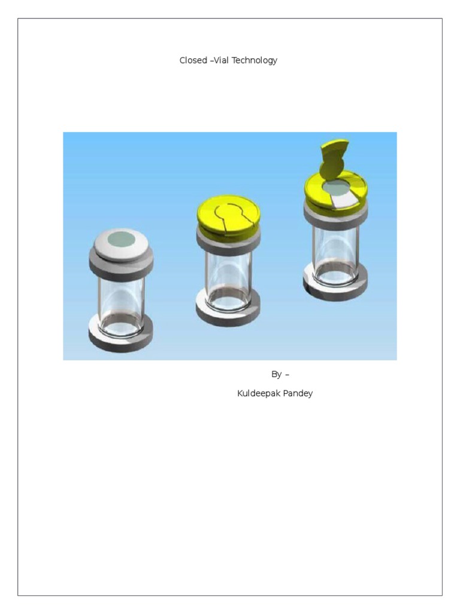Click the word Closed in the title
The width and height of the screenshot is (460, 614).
point(193,61)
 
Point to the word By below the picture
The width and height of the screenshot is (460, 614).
point(276,374)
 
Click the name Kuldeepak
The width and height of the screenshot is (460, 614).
point(257,394)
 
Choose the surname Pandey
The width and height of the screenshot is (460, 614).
point(298,394)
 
